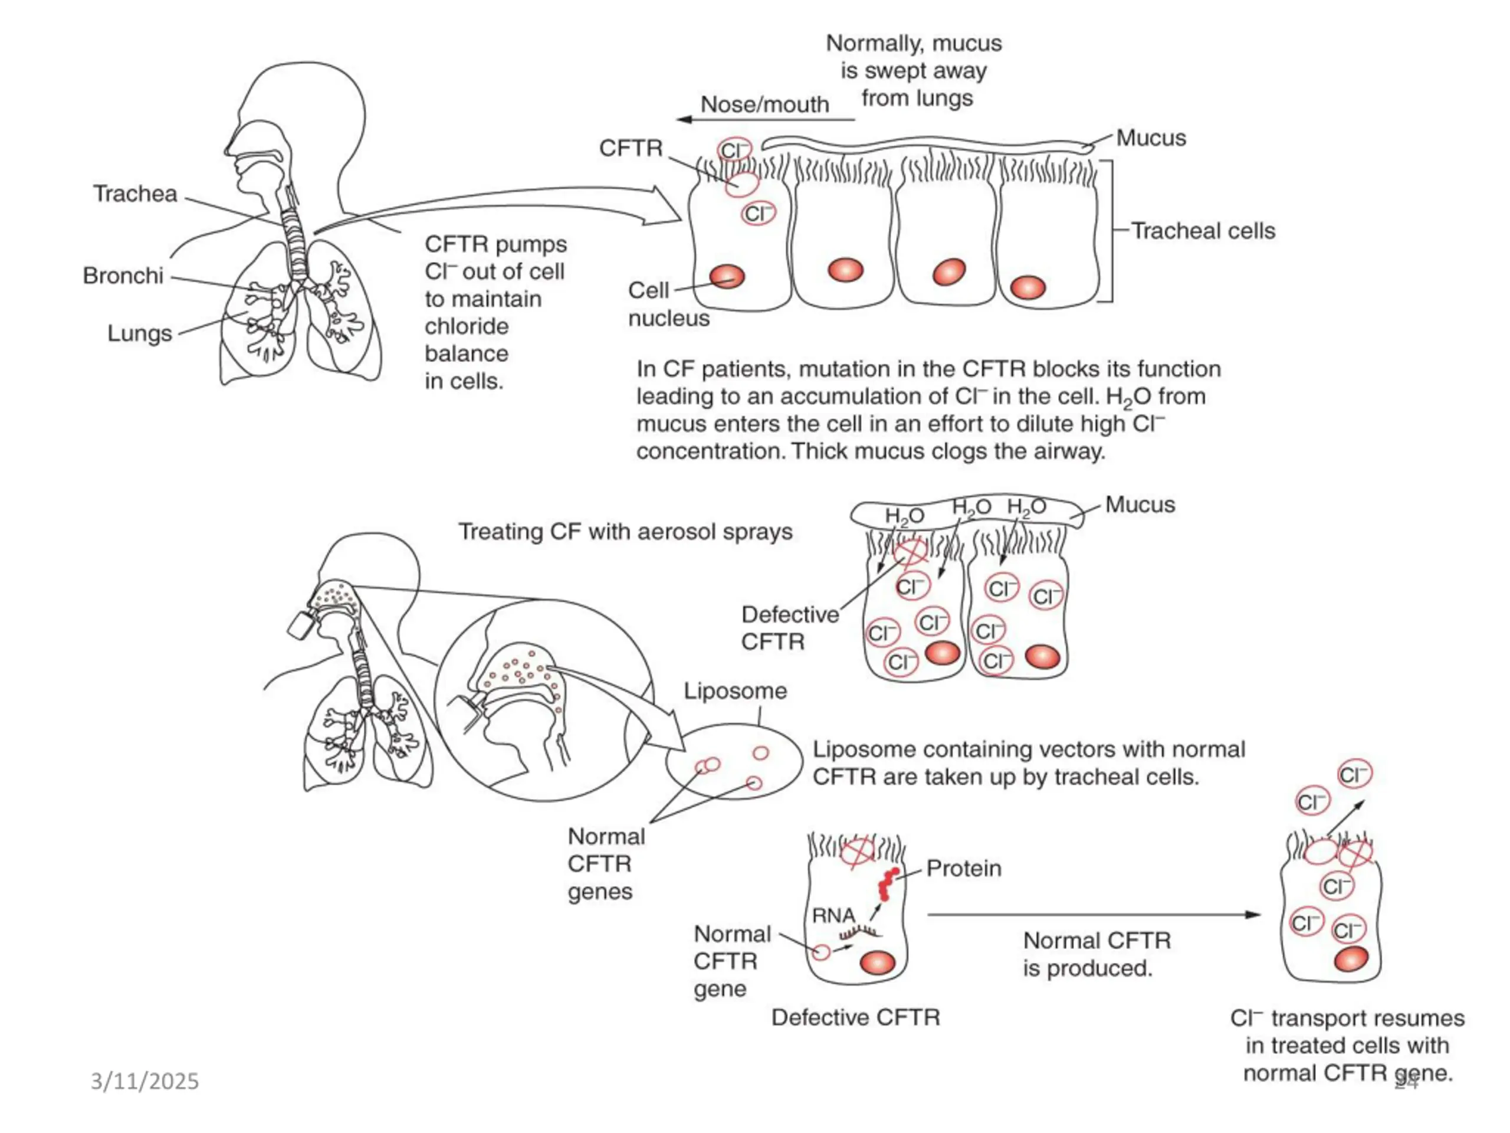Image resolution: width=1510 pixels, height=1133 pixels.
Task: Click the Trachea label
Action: click(135, 194)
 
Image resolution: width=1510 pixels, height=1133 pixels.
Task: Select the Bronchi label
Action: click(123, 276)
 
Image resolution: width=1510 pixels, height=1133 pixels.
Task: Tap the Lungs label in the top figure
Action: click(139, 334)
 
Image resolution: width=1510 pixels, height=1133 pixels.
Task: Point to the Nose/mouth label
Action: click(764, 104)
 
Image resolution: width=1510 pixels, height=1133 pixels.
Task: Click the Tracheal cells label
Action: click(1203, 231)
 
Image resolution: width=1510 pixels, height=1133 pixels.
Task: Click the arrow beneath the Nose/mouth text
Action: click(764, 120)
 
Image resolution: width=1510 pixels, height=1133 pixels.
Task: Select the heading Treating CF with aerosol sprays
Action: click(625, 532)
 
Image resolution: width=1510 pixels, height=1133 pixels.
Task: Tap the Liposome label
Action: click(735, 691)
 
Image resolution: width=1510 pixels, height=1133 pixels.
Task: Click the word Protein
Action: click(964, 869)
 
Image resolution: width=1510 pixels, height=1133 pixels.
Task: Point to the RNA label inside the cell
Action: click(833, 916)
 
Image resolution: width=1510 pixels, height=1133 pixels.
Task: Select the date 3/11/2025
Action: click(145, 1082)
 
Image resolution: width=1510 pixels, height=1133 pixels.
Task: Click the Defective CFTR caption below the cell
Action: click(855, 1017)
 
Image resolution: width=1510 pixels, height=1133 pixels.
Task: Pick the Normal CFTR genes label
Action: click(606, 864)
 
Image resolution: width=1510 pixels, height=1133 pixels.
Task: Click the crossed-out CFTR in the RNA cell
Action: click(858, 852)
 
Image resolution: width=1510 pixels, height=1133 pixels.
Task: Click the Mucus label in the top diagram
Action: click(1151, 139)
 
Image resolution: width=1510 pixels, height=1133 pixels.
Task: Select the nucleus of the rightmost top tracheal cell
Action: click(1028, 287)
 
